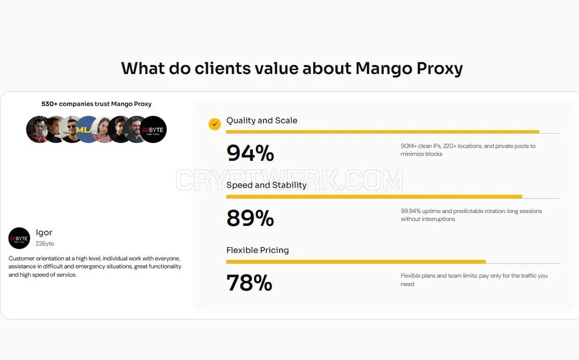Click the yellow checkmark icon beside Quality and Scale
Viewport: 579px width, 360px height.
pos(215,124)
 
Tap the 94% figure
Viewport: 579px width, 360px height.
pos(250,153)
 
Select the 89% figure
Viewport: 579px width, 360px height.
pos(250,218)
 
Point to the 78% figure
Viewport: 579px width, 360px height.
pos(249,283)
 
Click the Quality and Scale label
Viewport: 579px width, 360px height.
pos(262,120)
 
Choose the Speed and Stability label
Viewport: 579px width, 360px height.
pos(266,185)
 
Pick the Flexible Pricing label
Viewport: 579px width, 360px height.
pos(258,250)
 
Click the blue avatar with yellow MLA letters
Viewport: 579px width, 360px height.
pos(87,129)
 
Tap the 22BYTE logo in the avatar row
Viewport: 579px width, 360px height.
pos(153,129)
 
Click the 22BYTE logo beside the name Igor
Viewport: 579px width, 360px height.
pos(19,238)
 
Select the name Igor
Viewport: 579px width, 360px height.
pos(44,233)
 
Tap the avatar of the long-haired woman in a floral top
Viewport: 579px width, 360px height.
pos(104,129)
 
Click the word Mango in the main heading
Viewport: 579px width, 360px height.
pos(383,69)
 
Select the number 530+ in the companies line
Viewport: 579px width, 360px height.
pos(49,104)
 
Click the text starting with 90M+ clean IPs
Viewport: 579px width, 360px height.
pos(468,150)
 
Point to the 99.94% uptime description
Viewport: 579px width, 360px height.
pos(471,215)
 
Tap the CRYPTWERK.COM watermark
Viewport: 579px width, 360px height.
pos(289,180)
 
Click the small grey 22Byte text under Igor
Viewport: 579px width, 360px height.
pos(45,244)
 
